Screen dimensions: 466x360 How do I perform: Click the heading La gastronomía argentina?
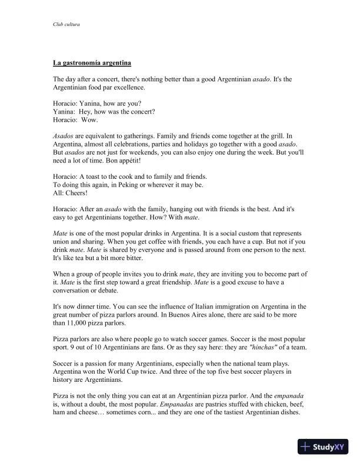[x=91, y=62]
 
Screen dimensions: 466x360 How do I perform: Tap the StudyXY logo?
[x=323, y=447]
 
